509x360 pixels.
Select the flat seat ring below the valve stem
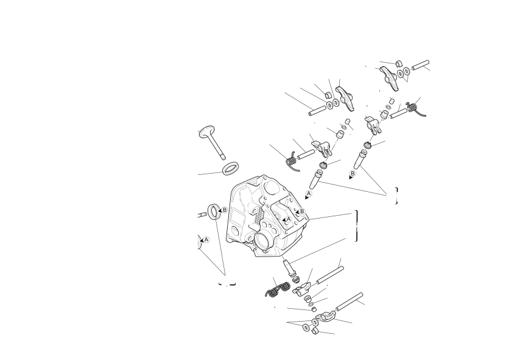pyautogui.click(x=231, y=168)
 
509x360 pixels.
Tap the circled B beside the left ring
pyautogui.click(x=224, y=210)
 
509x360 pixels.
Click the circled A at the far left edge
pyautogui.click(x=206, y=240)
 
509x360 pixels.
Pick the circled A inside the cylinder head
pyautogui.click(x=288, y=219)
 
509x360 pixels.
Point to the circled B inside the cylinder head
pyautogui.click(x=302, y=211)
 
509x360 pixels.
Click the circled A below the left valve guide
pyautogui.click(x=309, y=194)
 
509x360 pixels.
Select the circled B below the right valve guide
pyautogui.click(x=353, y=174)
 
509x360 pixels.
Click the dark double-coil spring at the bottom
pyautogui.click(x=278, y=289)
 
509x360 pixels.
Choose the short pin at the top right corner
pyautogui.click(x=421, y=65)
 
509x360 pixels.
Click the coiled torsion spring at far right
pyautogui.click(x=415, y=108)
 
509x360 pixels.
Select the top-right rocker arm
pyautogui.click(x=388, y=77)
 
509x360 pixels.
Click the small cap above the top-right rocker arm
pyautogui.click(x=399, y=63)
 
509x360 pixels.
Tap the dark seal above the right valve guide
pyautogui.click(x=367, y=145)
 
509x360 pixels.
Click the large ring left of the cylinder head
pyautogui.click(x=214, y=211)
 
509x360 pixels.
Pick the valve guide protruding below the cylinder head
pyautogui.click(x=288, y=266)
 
